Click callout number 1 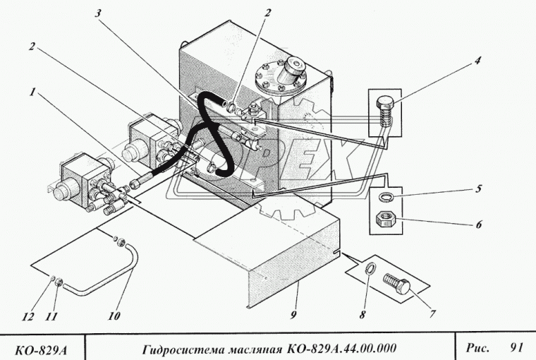(32, 92)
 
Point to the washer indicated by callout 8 (370, 271)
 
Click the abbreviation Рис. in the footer (476, 347)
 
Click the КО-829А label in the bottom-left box (42, 348)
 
